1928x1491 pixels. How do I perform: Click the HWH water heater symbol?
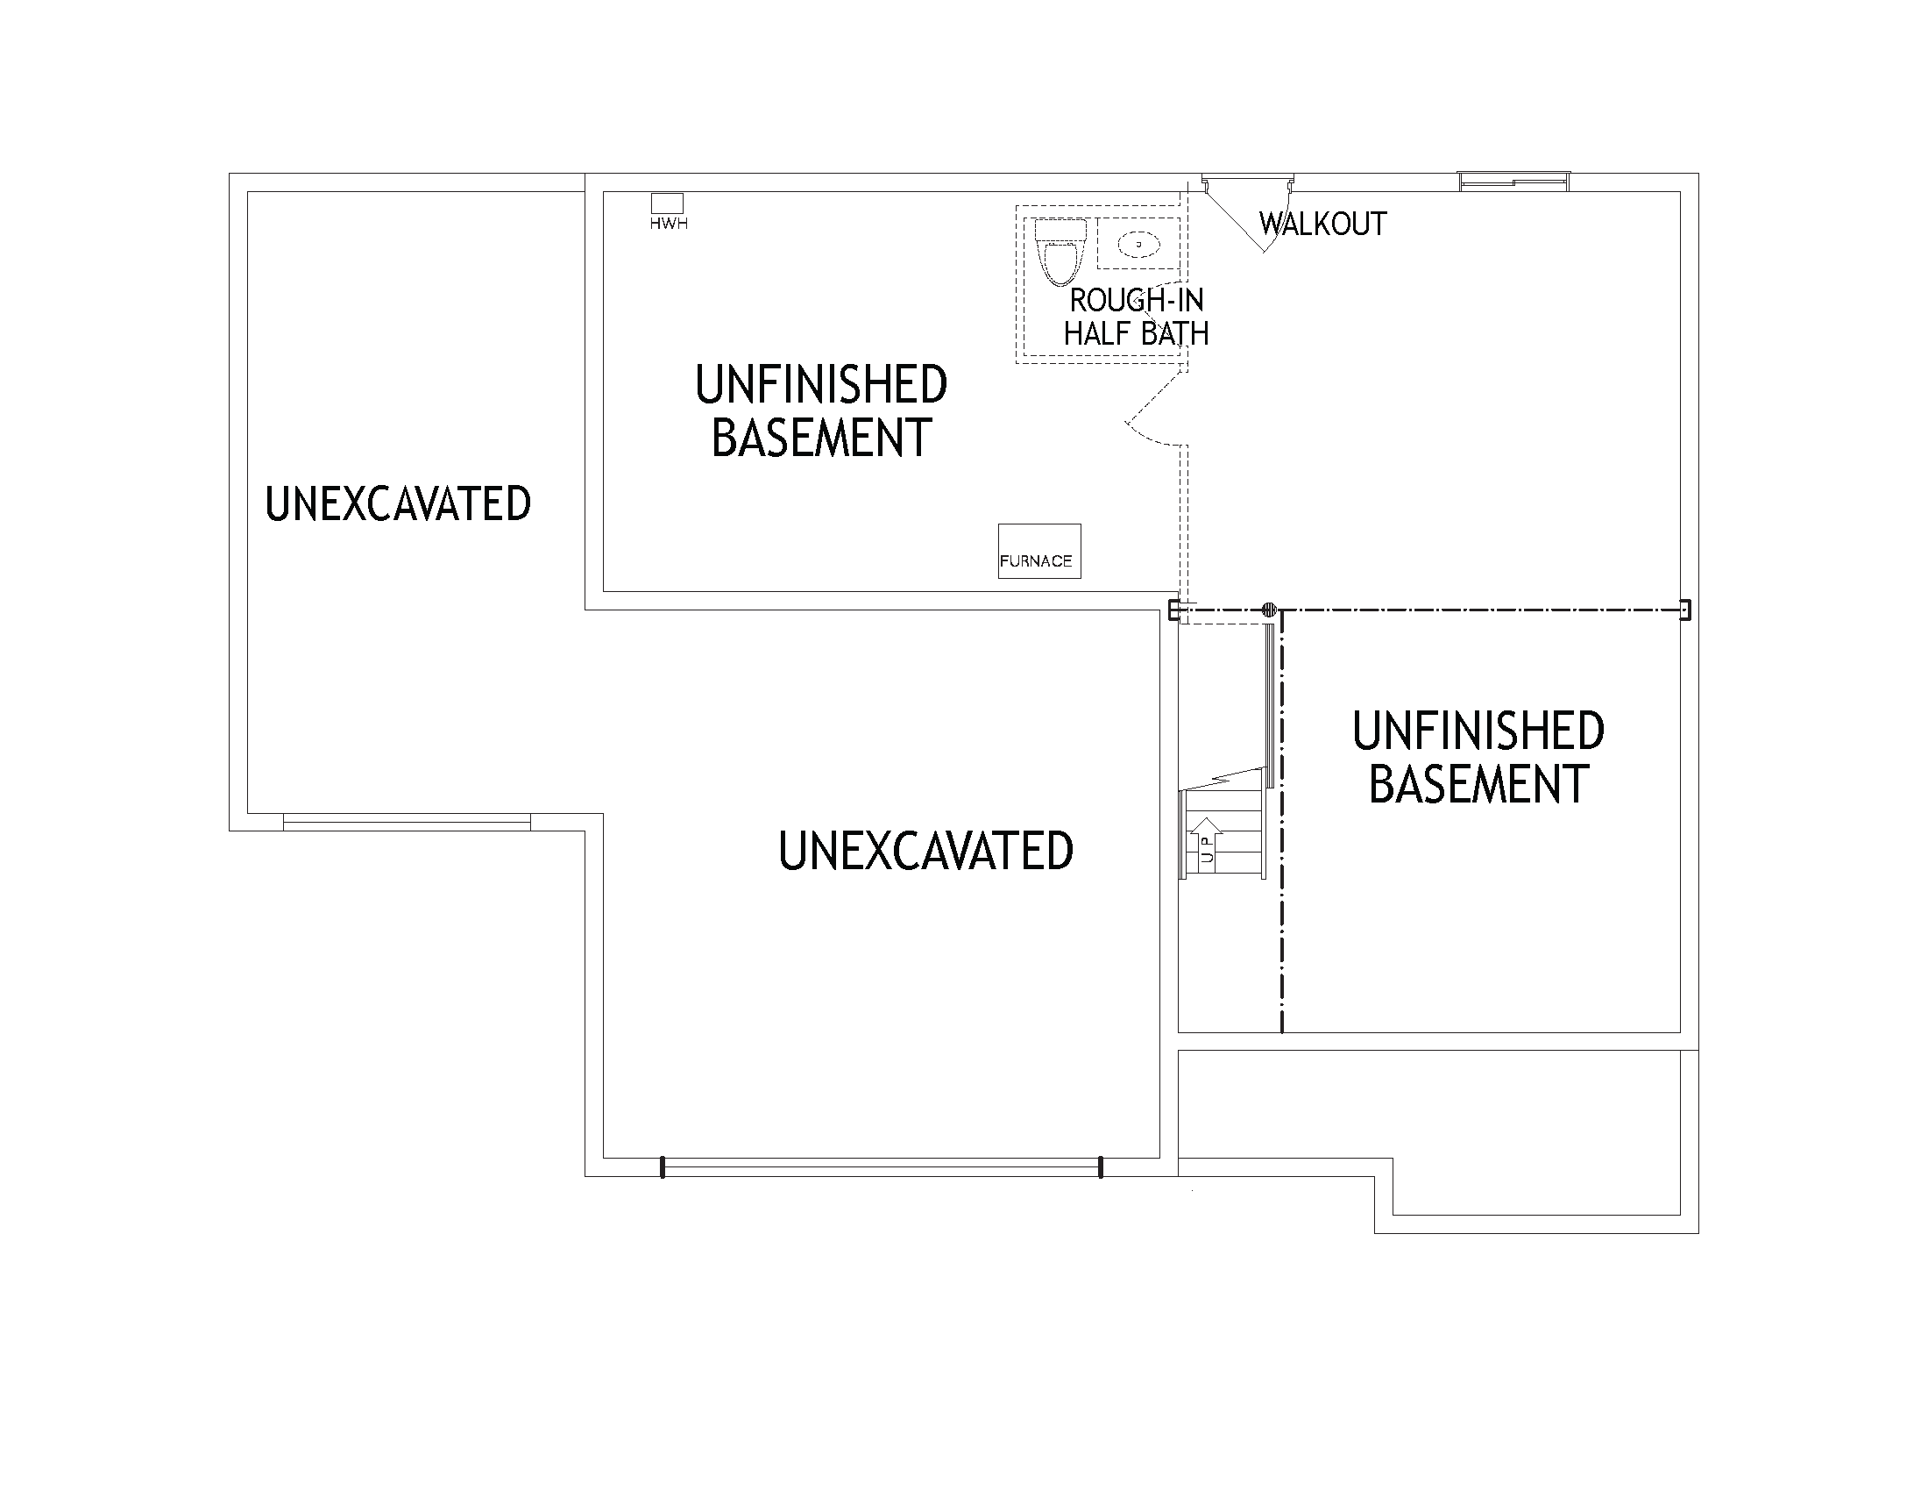[667, 203]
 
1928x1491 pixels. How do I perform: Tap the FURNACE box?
[1039, 551]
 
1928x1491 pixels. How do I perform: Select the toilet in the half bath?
[1060, 251]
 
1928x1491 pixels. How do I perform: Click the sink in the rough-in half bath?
[1138, 243]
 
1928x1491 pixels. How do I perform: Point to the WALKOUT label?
[1322, 225]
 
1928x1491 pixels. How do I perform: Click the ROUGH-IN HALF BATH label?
[1136, 317]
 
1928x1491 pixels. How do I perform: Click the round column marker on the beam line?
[1270, 609]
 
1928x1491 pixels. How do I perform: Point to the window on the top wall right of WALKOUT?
[1514, 181]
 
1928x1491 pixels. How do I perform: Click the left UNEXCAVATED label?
[398, 504]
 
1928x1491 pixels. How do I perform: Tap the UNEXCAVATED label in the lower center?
[925, 852]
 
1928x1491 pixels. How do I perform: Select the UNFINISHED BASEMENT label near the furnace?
[821, 410]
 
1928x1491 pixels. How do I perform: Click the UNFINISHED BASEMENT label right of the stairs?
[1478, 757]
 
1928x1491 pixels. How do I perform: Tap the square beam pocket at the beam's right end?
[1684, 610]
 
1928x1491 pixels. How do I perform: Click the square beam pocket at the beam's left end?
[1174, 610]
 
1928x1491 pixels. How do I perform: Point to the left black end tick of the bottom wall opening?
[662, 1166]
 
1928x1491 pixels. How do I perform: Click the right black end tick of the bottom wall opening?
[1100, 1166]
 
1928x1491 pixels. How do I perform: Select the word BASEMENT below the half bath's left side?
[821, 439]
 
